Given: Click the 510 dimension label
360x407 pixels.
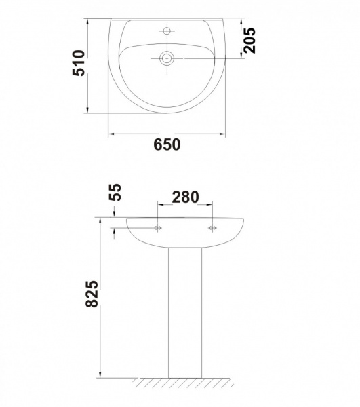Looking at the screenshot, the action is (x=79, y=63).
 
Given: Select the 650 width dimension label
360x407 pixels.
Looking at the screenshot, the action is (x=167, y=144).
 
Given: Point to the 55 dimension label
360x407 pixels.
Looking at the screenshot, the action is (x=115, y=193).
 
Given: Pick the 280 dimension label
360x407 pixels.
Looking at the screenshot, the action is (x=186, y=197).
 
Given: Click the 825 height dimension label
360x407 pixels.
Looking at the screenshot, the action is (x=92, y=294).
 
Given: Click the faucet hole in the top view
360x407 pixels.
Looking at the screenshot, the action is (x=167, y=31).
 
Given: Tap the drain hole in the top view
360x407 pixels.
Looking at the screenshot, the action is (x=167, y=58).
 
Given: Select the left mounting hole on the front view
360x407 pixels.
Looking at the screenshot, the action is (x=158, y=228).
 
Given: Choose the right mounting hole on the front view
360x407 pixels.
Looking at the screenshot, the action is (x=212, y=228).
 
